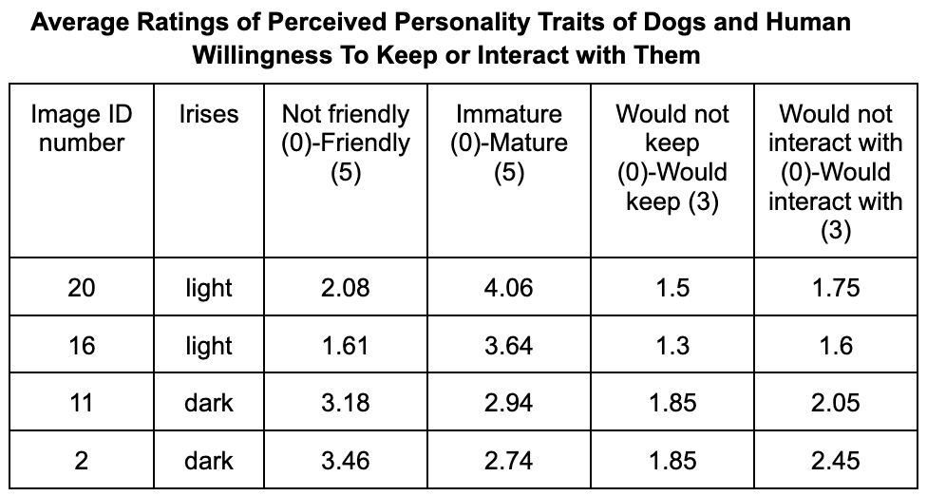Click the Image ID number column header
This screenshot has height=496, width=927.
pyautogui.click(x=82, y=128)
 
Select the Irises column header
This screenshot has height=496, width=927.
pyautogui.click(x=209, y=114)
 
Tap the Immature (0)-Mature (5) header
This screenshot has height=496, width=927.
pyautogui.click(x=509, y=143)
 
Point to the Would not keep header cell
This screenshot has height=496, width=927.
pyautogui.click(x=672, y=158)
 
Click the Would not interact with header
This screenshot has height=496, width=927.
pyautogui.click(x=836, y=172)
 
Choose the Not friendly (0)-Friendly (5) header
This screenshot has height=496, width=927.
pyautogui.click(x=346, y=143)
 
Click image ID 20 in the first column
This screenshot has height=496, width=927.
pyautogui.click(x=82, y=288)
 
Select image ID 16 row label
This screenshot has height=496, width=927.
pyautogui.click(x=82, y=345)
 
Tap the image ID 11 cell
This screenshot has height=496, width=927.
pyautogui.click(x=82, y=403)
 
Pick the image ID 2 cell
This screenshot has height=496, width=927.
pyautogui.click(x=82, y=461)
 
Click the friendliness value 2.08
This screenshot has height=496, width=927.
pyautogui.click(x=346, y=288)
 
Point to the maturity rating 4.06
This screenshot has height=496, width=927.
pyautogui.click(x=509, y=288)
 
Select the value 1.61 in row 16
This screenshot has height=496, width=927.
pyautogui.click(x=346, y=345)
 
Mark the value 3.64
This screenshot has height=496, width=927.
pyautogui.click(x=509, y=345)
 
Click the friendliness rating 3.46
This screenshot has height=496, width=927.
pyautogui.click(x=346, y=461)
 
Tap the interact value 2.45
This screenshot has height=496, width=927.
pyautogui.click(x=836, y=461)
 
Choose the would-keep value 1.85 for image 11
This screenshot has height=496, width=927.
pyautogui.click(x=672, y=403)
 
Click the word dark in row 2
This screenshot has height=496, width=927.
pyautogui.click(x=209, y=461)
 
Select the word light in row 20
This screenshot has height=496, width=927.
pyautogui.click(x=209, y=289)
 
